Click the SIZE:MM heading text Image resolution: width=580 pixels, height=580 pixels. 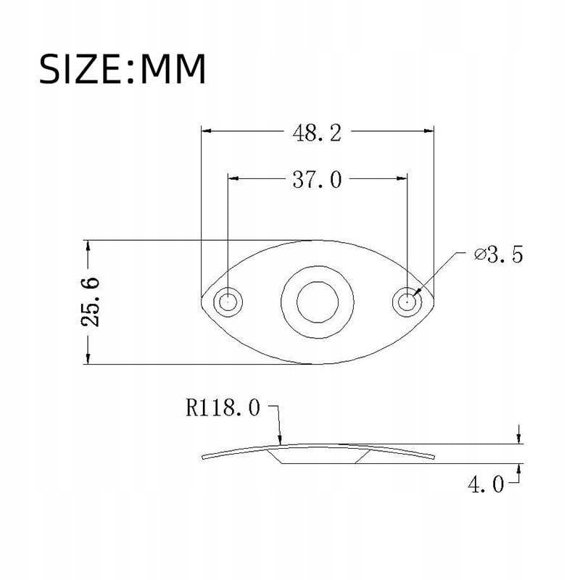(122, 69)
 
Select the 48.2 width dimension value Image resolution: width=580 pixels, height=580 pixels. (317, 133)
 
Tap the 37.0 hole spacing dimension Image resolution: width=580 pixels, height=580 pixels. (317, 180)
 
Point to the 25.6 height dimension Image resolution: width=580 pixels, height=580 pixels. (90, 302)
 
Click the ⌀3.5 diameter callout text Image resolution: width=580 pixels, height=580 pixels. (499, 255)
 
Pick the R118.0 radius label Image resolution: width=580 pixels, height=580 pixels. (223, 408)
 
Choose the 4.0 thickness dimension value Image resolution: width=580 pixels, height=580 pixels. (486, 484)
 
